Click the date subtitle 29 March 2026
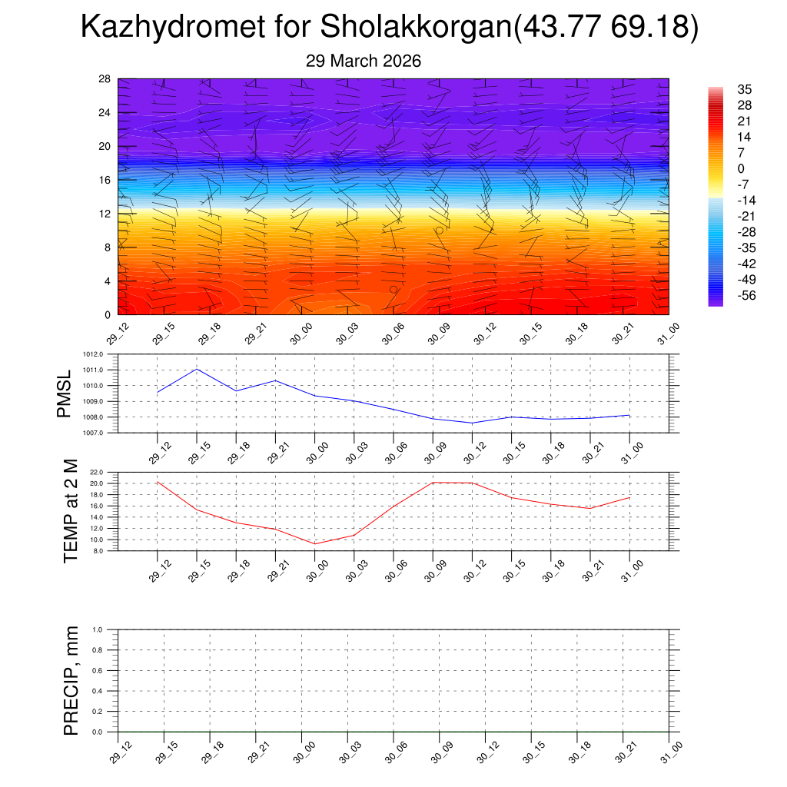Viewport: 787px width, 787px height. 364,61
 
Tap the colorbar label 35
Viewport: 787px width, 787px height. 743,89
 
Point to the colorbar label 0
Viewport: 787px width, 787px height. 741,168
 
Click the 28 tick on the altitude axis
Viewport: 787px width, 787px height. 105,79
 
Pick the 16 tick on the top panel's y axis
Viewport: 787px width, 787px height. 105,180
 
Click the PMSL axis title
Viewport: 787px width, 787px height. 65,394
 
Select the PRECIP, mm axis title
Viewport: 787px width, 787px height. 71,680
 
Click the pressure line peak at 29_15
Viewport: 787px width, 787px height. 197,369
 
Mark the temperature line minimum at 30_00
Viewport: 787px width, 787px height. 315,543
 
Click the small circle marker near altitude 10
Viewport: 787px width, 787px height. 439,231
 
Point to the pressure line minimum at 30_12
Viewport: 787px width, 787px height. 472,423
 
